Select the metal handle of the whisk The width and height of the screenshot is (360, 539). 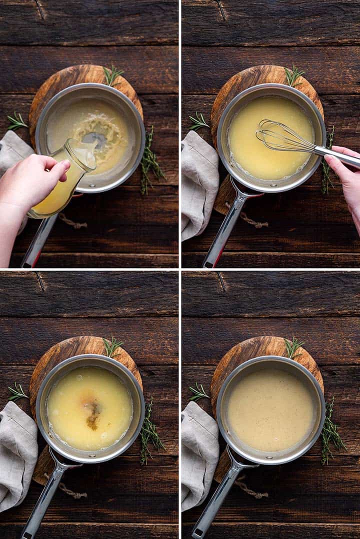(337, 155)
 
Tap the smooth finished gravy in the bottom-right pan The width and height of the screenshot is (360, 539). (270, 410)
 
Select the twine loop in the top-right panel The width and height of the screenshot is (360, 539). (250, 219)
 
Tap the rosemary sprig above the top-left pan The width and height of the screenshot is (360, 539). (112, 75)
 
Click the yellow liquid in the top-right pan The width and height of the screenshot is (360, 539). (260, 150)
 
